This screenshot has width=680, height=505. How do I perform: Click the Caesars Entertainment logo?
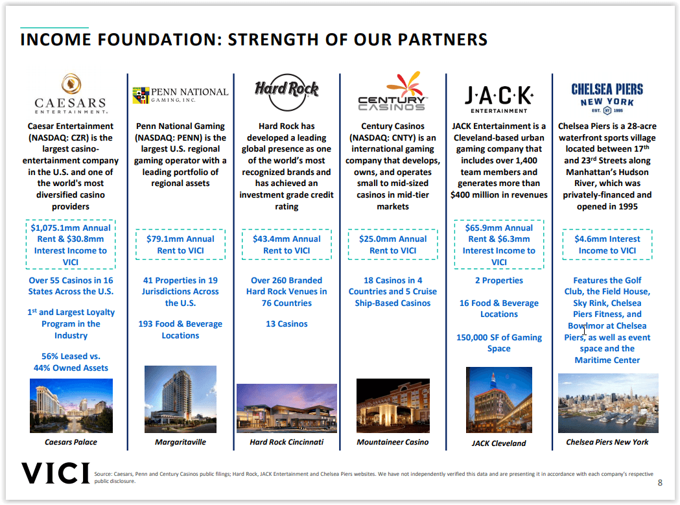[71, 94]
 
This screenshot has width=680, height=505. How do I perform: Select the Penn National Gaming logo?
[180, 95]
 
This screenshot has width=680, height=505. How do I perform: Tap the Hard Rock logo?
[287, 89]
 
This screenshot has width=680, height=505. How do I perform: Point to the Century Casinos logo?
[393, 92]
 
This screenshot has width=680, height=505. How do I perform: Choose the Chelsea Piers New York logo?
[607, 97]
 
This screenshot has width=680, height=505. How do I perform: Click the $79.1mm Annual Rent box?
[180, 244]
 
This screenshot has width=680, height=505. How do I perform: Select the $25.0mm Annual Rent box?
[393, 244]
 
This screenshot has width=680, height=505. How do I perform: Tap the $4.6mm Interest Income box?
[607, 244]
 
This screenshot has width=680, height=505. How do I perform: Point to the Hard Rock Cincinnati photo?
[287, 408]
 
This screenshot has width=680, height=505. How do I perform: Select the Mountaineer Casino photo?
[393, 406]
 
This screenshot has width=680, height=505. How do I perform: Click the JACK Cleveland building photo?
[498, 400]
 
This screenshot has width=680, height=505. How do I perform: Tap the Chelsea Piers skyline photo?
[607, 403]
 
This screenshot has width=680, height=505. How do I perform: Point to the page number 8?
[660, 482]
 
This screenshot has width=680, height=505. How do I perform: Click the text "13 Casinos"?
[287, 324]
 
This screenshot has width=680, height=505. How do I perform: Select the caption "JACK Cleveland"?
[498, 443]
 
